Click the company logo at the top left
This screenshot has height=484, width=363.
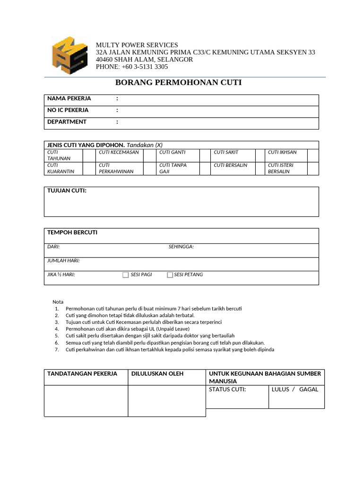pos(69,55)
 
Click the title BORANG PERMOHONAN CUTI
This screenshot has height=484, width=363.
pos(178,83)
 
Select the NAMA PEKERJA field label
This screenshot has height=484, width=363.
pos(69,99)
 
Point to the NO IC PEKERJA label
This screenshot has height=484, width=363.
pos(68,110)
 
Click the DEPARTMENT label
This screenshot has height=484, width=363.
pos(67,121)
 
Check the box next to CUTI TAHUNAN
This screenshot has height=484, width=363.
pos(89,155)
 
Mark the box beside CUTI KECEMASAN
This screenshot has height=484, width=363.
pos(149,155)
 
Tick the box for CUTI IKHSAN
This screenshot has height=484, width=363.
pos(313,155)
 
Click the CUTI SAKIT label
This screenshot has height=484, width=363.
pos(226,152)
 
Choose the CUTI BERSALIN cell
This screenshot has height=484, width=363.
pos(230,165)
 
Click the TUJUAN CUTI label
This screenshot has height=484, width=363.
pos(67,190)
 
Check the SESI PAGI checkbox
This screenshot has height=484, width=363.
pos(126,275)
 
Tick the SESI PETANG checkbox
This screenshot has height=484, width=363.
pos(170,275)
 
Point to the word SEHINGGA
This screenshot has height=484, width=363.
pos(181,247)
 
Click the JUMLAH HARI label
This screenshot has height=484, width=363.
pos(63,260)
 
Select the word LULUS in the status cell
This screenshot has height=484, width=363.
pos(281,389)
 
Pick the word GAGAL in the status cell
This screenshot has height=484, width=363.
pos(309,389)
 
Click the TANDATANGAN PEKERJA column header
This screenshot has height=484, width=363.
pos(82,374)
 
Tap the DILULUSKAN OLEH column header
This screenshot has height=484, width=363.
pos(157,374)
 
